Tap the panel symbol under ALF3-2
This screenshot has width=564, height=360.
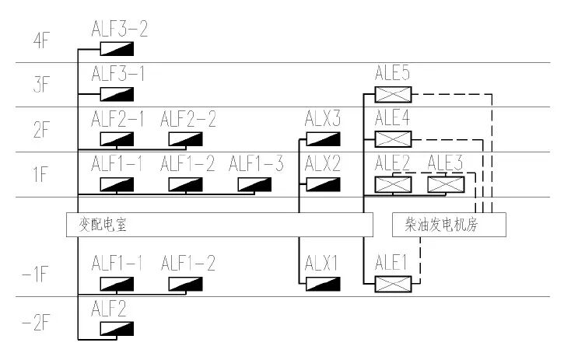[x=117, y=49]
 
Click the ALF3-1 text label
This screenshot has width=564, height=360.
[x=117, y=75]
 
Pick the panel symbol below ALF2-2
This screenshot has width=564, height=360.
[x=185, y=140]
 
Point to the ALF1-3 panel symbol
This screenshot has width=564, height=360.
[x=254, y=185]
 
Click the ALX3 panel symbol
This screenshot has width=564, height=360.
[x=322, y=140]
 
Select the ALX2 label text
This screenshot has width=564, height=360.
[x=323, y=164]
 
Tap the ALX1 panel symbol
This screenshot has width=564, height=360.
[x=322, y=284]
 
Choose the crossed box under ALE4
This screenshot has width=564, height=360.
[x=392, y=140]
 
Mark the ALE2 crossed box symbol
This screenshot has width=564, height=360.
[x=392, y=185]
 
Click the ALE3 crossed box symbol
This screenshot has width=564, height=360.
[x=446, y=185]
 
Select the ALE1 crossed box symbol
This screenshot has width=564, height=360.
[x=392, y=284]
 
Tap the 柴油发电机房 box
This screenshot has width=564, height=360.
[x=450, y=225]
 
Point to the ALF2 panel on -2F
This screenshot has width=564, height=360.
[x=117, y=329]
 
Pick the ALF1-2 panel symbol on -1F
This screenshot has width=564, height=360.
[x=185, y=284]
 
